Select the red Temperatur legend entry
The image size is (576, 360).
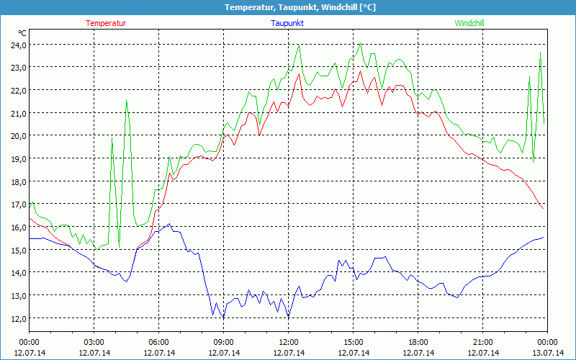[x=106, y=23]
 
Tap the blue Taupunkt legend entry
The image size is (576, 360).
[x=287, y=23]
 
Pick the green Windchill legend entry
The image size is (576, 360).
[x=469, y=23]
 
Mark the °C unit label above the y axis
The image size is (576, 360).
[x=22, y=33]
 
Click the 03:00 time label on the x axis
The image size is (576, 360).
[x=94, y=342]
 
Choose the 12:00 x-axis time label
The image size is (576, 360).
[x=289, y=342]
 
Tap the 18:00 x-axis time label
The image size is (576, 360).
[x=418, y=342]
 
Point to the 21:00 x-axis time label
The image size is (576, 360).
[x=483, y=342]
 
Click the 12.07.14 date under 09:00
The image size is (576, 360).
[x=224, y=353]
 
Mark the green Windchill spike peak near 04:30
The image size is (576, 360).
[x=127, y=100]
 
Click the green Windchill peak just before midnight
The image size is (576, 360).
[x=540, y=52]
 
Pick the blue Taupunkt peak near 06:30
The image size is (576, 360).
[x=170, y=224]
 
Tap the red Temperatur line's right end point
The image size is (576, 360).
[x=544, y=209]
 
